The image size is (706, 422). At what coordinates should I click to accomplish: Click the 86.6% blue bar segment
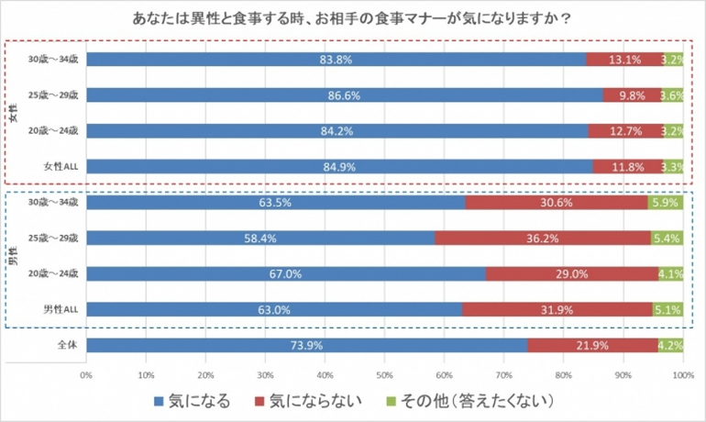tap(345, 94)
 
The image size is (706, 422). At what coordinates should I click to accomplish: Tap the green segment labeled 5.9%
tap(665, 202)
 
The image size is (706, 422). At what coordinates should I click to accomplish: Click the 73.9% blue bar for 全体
tap(306, 346)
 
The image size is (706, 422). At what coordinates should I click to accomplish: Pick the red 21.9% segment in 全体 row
tap(592, 346)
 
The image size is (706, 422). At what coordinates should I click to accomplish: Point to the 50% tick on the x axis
tap(384, 375)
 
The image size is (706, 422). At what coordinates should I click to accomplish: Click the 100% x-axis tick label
tap(681, 375)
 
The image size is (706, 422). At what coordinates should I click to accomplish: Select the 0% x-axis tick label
tap(87, 375)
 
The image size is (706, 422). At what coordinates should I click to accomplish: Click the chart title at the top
tap(353, 17)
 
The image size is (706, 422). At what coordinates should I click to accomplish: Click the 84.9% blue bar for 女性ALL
tap(339, 166)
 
